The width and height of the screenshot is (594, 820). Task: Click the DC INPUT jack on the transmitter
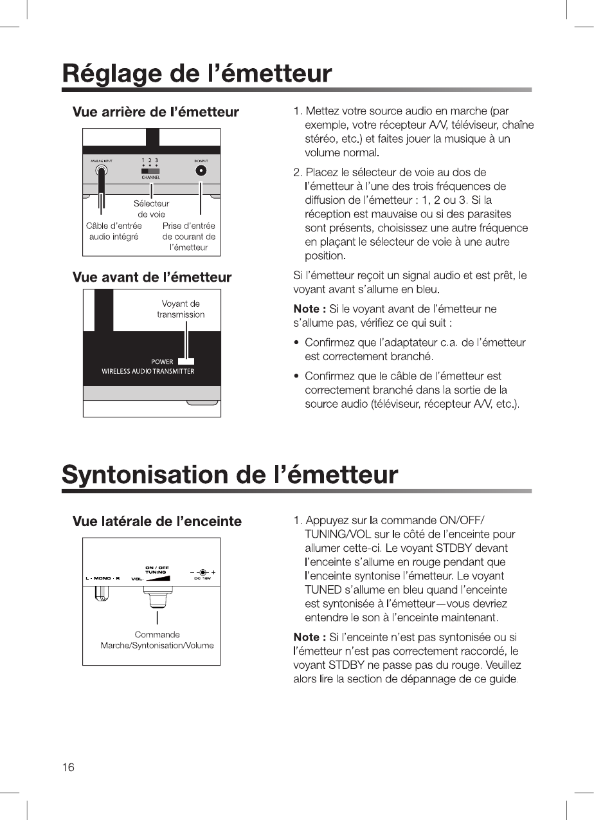201,170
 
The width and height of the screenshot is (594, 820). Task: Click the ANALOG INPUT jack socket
102,171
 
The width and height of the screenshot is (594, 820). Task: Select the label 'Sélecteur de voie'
151,209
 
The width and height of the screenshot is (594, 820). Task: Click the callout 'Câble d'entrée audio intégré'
114,231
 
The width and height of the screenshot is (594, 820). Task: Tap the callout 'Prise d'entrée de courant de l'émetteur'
189,236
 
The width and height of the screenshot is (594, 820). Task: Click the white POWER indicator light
186,361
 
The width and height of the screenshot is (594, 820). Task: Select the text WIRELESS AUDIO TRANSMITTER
148,371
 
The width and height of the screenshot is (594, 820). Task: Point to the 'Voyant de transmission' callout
181,309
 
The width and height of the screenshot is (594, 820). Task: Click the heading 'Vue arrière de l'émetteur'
156,112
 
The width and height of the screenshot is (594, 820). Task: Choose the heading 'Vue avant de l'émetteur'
152,277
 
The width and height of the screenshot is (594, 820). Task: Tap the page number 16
68,767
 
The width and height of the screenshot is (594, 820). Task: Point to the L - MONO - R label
103,578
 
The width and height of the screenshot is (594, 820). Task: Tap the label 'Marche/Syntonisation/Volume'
157,645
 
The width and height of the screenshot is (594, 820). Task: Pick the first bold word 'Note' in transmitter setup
306,309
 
